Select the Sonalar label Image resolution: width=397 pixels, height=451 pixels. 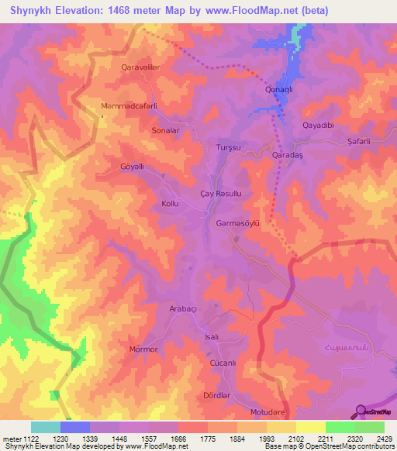166,131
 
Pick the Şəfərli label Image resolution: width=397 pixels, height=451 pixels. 361,140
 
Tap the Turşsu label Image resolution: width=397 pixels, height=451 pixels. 229,146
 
